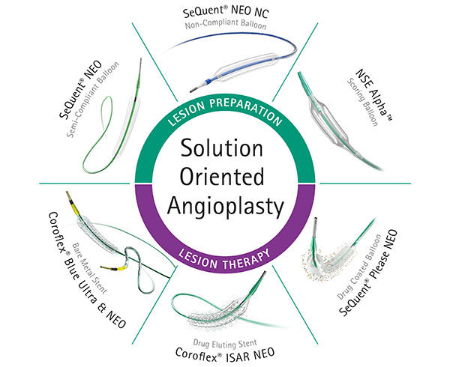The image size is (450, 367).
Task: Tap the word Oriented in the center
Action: pos(225,178)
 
